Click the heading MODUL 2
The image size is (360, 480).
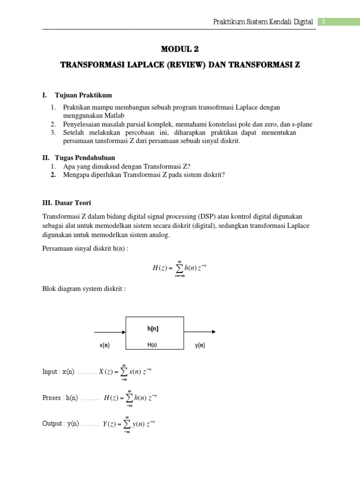click(180, 48)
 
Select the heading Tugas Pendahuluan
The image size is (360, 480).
click(84, 157)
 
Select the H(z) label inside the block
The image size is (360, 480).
click(152, 345)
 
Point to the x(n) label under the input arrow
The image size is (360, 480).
click(105, 345)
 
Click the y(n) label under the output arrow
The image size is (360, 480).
click(200, 345)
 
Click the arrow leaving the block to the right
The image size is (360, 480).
click(200, 332)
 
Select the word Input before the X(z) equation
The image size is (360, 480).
click(50, 372)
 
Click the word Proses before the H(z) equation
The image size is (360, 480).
click(52, 398)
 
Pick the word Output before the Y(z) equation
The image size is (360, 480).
click(52, 424)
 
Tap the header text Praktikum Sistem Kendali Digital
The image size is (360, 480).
click(263, 22)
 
